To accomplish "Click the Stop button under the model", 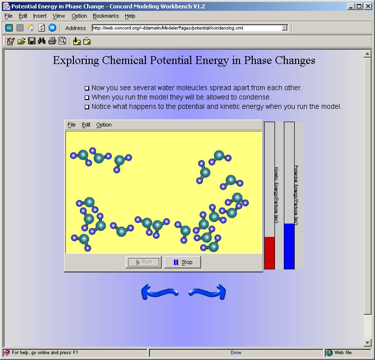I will click(182, 262).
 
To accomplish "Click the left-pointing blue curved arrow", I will click(159, 292).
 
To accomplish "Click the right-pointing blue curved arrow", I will click(207, 292).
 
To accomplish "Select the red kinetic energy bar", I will click(270, 253).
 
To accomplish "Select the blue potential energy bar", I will click(289, 246).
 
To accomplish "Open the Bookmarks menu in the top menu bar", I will click(105, 16).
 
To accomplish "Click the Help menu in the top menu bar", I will click(130, 16).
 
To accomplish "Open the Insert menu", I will click(40, 16).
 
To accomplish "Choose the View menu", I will click(59, 16).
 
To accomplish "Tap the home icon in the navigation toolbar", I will click(31, 28).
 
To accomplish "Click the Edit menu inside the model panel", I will click(86, 125).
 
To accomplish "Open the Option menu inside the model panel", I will click(104, 125).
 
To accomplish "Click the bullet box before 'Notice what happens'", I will click(87, 107).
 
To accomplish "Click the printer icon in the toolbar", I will click(52, 41).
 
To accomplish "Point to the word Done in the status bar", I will click(236, 353).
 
